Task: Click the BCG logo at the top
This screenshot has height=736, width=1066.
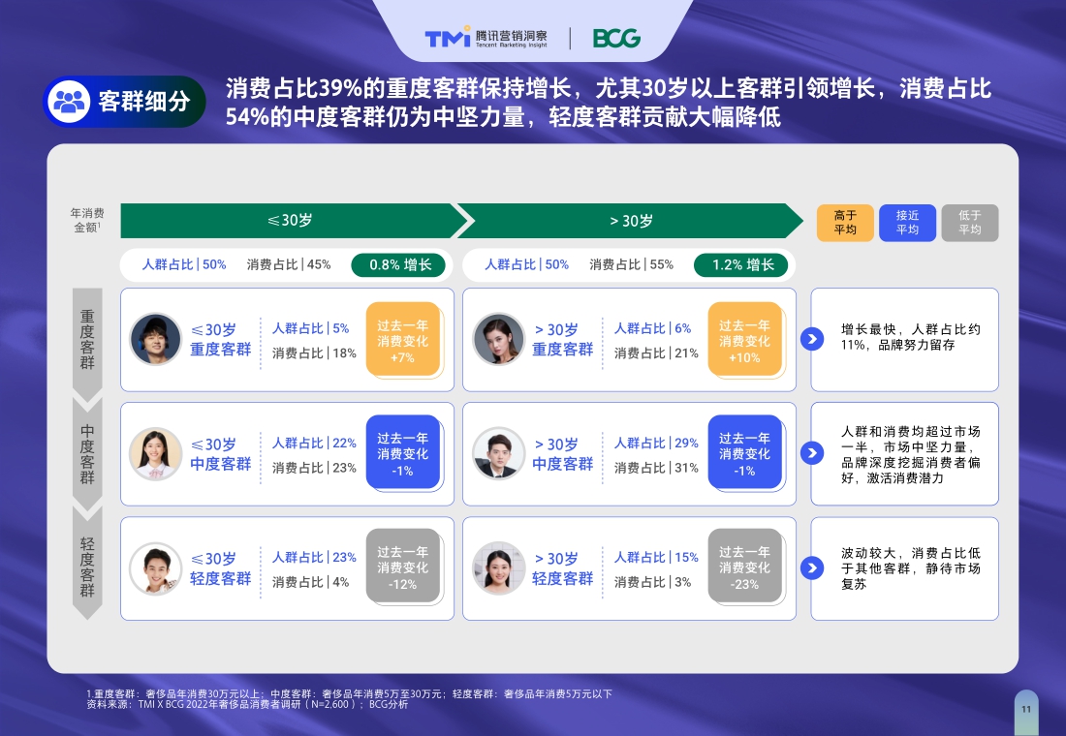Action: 616,38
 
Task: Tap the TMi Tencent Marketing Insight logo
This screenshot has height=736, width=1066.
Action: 486,38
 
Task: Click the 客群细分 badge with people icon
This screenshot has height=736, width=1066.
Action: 124,102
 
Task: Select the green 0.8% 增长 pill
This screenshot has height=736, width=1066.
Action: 398,264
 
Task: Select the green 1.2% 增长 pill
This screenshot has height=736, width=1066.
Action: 741,264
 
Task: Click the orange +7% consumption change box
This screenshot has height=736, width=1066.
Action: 402,340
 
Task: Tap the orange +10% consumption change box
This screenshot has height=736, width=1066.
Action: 744,340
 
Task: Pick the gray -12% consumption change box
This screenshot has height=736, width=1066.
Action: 402,567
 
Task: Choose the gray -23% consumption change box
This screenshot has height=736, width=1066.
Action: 744,567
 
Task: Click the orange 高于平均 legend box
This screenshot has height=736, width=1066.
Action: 845,223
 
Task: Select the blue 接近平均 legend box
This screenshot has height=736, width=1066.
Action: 907,223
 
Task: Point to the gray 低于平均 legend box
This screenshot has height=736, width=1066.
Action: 969,223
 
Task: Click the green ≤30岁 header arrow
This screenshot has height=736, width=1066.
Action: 291,221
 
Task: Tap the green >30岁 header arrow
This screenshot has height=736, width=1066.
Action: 631,221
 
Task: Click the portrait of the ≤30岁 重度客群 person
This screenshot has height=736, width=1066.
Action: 156,339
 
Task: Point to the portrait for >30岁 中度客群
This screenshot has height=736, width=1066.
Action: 499,453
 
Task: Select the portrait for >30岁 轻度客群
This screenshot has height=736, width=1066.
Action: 499,567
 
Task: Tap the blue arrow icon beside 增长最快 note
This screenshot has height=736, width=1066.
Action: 812,339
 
